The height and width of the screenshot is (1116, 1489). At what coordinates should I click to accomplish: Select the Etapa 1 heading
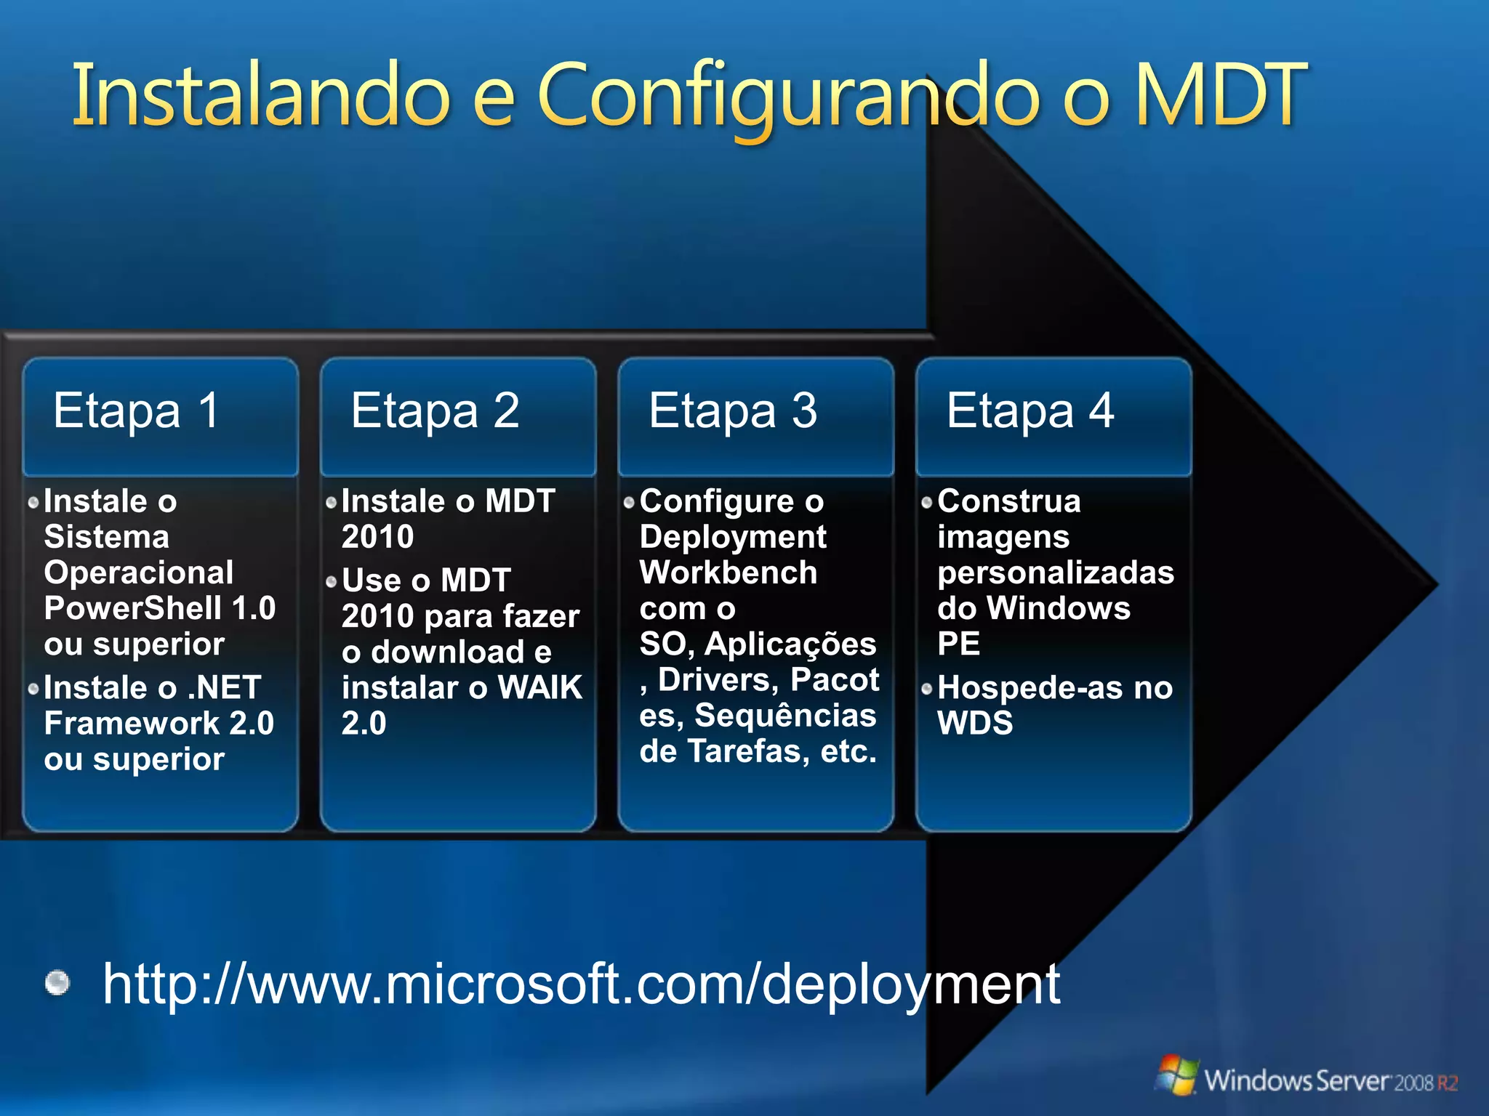click(136, 411)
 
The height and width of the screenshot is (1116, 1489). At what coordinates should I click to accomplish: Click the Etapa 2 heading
click(435, 411)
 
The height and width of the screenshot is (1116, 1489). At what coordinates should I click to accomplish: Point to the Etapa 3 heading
click(733, 411)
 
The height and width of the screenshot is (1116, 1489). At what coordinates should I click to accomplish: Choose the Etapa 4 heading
click(1030, 411)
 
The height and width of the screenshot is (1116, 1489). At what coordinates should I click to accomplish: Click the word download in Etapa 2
click(448, 652)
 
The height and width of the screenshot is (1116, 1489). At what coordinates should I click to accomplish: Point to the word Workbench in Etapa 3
click(728, 573)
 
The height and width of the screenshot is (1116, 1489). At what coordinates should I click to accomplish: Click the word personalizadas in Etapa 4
click(1056, 573)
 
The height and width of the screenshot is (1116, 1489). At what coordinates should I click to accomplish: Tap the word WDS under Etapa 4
click(975, 723)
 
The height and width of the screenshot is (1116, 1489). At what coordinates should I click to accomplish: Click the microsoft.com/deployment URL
click(581, 984)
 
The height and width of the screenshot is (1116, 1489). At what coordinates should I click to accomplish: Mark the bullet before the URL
click(57, 983)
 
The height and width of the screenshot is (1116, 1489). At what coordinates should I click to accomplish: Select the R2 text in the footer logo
click(1447, 1083)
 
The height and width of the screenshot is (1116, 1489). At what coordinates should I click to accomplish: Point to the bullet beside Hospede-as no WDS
click(927, 689)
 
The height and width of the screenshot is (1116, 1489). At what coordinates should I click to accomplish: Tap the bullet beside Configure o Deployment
click(629, 502)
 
